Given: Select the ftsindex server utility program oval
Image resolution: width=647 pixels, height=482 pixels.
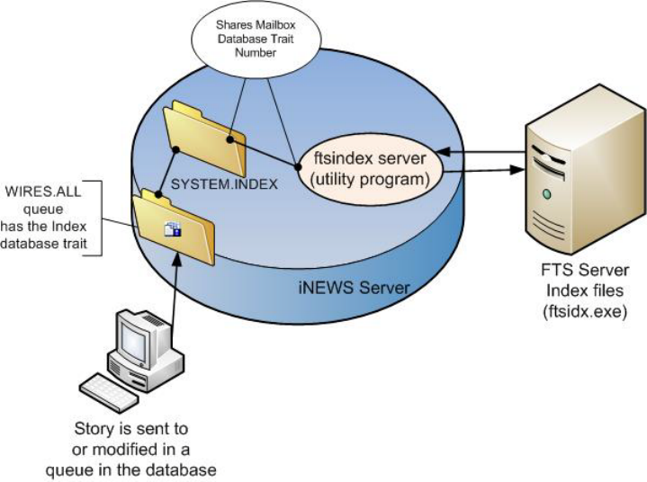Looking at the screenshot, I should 370,165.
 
